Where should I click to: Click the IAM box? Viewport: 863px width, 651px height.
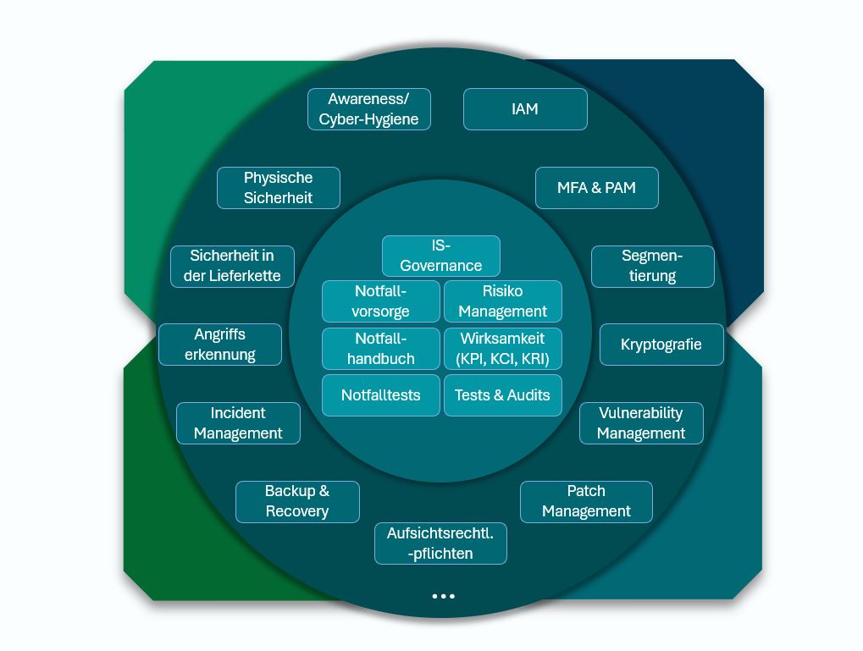(525, 109)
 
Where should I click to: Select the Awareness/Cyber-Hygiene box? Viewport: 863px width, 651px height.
(368, 109)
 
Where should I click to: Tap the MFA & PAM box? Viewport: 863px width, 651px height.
(596, 188)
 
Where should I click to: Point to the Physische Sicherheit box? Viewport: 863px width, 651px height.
(278, 188)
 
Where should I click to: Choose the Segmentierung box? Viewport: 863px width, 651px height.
(652, 266)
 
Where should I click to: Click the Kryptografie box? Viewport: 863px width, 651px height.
(661, 345)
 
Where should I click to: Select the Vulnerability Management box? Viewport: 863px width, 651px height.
(641, 423)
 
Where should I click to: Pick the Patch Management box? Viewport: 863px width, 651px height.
(586, 501)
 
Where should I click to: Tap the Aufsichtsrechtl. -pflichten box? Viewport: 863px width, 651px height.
(440, 543)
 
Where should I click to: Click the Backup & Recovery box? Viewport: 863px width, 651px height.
(297, 501)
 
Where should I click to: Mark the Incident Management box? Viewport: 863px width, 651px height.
(238, 423)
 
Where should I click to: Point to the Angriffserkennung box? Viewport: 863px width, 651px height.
(220, 345)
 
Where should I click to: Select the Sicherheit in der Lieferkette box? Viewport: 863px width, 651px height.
(232, 266)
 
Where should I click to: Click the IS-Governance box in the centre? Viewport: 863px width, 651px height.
(440, 256)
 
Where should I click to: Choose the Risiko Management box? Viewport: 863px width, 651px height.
(503, 301)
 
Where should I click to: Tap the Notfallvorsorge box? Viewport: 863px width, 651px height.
(380, 301)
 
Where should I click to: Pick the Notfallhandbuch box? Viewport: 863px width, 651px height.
(380, 349)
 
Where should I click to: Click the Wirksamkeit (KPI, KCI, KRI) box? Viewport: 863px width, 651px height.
(503, 349)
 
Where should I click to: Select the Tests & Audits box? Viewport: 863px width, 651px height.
(503, 395)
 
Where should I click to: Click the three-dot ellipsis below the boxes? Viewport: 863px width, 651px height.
(443, 596)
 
